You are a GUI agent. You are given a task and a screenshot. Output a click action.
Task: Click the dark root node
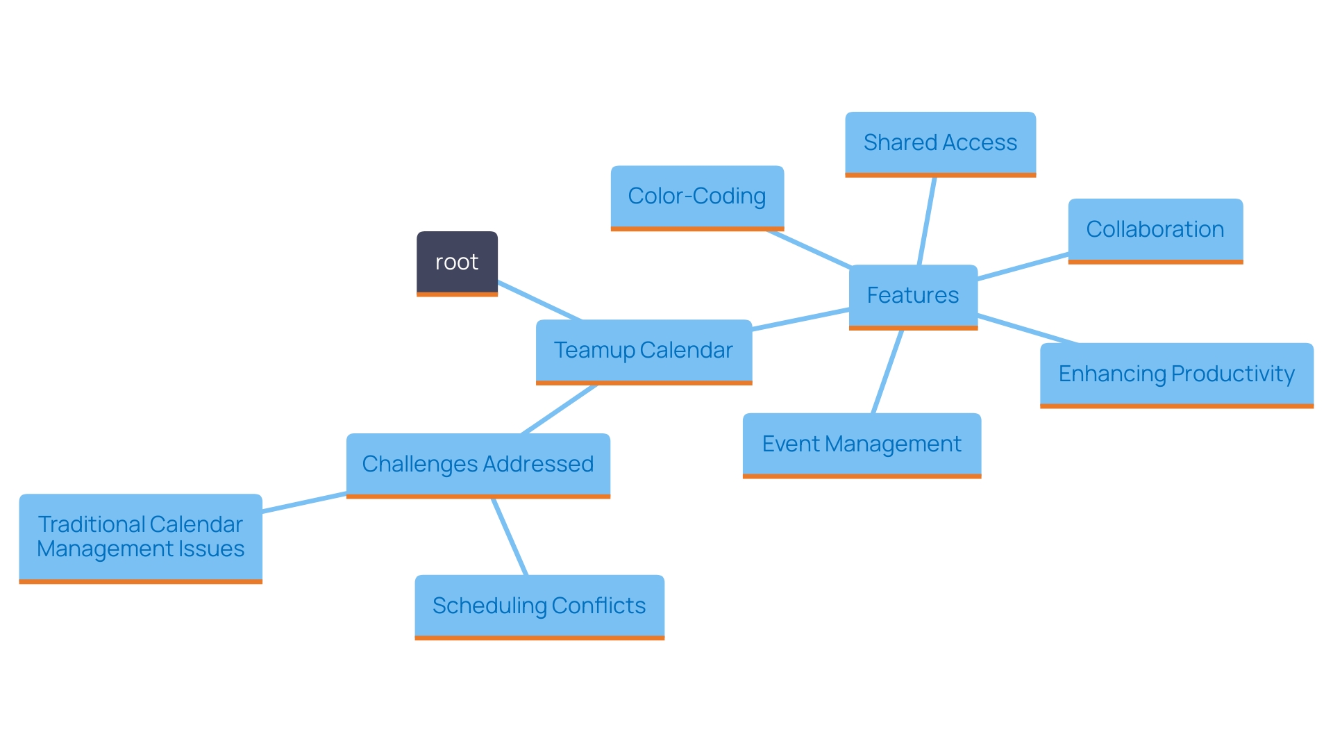click(457, 262)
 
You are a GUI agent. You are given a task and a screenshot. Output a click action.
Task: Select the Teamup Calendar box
click(644, 351)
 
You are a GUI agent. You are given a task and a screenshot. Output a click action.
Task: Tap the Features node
click(913, 296)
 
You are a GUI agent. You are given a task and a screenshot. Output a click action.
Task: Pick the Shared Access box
click(940, 143)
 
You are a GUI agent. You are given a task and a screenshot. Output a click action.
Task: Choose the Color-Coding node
click(697, 197)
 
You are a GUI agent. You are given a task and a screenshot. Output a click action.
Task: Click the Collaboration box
click(1155, 230)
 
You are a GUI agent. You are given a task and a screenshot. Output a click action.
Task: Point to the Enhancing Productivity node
click(1176, 374)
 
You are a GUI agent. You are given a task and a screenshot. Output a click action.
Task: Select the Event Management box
click(862, 444)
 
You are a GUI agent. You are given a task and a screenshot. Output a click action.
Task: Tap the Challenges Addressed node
click(478, 465)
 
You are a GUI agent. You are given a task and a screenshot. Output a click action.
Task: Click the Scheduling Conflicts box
click(539, 606)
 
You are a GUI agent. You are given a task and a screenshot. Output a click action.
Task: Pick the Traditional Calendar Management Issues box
click(140, 537)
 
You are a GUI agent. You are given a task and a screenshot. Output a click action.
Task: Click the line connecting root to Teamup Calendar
click(539, 301)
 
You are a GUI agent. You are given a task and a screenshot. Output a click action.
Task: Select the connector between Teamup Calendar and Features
click(800, 319)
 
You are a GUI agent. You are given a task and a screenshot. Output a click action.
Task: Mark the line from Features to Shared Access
click(927, 221)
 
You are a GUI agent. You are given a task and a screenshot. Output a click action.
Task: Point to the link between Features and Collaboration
click(1023, 267)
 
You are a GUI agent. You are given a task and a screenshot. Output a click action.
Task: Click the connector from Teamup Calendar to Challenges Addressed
click(560, 409)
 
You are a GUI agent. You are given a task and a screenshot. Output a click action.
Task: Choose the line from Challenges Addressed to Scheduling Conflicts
click(510, 537)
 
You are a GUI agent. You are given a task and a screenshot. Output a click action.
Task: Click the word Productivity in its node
click(1233, 374)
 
